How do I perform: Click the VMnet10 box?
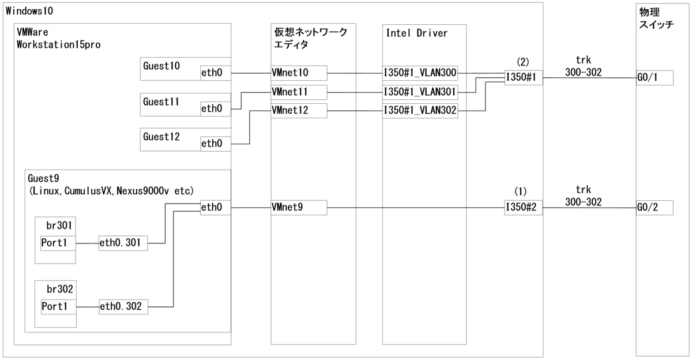click(298, 73)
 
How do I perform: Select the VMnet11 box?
click(298, 91)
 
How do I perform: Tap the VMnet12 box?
click(298, 110)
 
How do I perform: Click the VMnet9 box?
click(298, 207)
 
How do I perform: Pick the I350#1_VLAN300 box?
click(420, 73)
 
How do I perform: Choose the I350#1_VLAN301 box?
click(420, 91)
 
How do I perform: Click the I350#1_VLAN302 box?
click(420, 110)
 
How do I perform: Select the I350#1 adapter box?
click(524, 78)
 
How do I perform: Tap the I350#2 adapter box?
click(524, 207)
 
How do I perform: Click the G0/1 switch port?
click(655, 78)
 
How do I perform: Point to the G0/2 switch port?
click(655, 207)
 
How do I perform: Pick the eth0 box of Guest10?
click(215, 73)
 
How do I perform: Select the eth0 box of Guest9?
click(215, 207)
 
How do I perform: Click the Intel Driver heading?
click(416, 33)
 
